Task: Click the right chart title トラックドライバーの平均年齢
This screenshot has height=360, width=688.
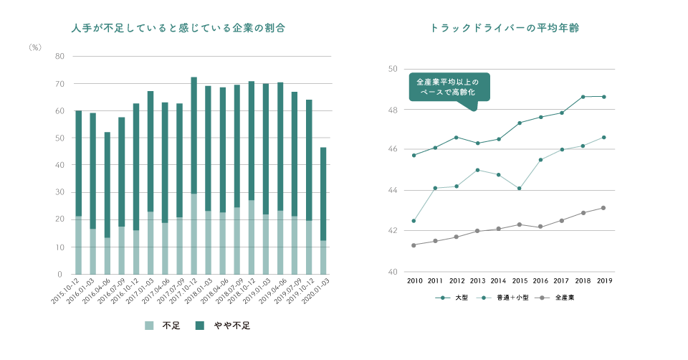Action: pyautogui.click(x=505, y=29)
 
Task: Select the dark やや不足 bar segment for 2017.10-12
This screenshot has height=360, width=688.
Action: pyautogui.click(x=193, y=135)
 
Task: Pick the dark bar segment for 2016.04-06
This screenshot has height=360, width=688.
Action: pyautogui.click(x=107, y=185)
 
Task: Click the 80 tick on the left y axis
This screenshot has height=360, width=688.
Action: pyautogui.click(x=59, y=57)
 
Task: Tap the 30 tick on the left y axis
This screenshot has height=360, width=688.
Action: pyautogui.click(x=59, y=193)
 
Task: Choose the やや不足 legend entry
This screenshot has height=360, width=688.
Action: pyautogui.click(x=221, y=325)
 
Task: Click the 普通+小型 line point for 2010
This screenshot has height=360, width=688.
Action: pyautogui.click(x=414, y=221)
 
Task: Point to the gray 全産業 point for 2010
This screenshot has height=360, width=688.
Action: pyautogui.click(x=414, y=245)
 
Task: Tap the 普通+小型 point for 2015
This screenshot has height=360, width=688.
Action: pyautogui.click(x=519, y=189)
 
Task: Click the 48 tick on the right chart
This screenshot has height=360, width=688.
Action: pyautogui.click(x=393, y=110)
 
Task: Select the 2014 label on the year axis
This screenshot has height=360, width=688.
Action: pyautogui.click(x=498, y=281)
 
